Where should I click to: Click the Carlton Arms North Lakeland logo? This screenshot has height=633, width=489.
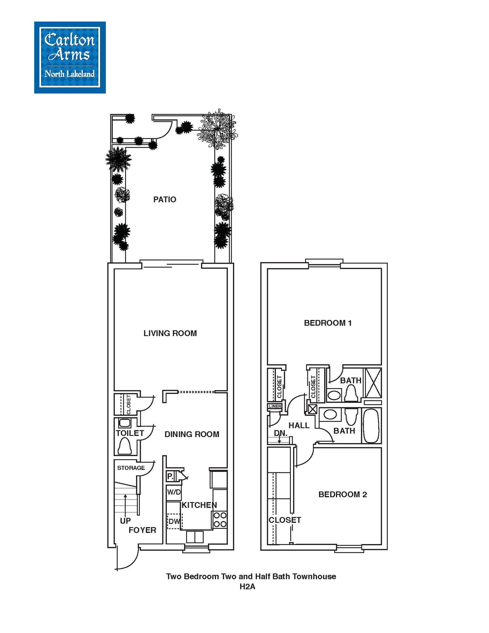coord(70,57)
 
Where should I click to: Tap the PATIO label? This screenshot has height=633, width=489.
coord(165,199)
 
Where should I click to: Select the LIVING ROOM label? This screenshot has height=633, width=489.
coord(170,333)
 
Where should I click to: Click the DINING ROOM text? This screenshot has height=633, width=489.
coord(192,434)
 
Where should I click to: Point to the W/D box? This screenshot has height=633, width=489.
coord(174,492)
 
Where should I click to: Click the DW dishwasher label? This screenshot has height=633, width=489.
coord(174,521)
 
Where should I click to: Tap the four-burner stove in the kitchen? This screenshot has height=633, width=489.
coord(220,520)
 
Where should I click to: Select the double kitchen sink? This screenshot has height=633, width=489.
coord(195,537)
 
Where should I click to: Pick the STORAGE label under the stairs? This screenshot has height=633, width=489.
coord(131,468)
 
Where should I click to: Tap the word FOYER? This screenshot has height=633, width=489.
coord(142,530)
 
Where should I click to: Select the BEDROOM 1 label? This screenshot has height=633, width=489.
coord(328,323)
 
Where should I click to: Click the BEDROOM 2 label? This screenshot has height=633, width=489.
coord(343,494)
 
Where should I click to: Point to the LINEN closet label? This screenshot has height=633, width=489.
coord(275,406)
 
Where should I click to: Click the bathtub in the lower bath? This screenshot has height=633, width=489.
coord(371,426)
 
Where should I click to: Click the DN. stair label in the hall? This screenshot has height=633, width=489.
coord(280,433)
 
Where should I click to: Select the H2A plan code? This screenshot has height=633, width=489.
coord(247,586)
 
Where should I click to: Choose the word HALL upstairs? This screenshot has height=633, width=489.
coord(299,425)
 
